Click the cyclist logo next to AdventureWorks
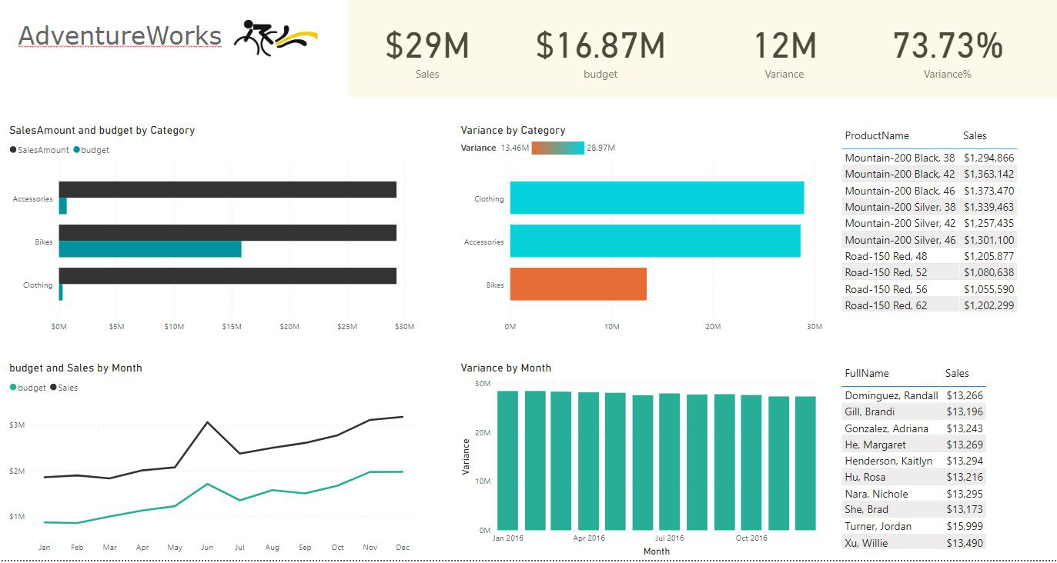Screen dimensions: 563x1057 click(x=275, y=38)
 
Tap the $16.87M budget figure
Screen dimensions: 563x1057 click(x=600, y=45)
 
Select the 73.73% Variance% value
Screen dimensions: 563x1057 click(x=948, y=45)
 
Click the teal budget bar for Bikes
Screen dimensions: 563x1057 click(x=150, y=249)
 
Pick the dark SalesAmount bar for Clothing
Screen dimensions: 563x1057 click(x=228, y=275)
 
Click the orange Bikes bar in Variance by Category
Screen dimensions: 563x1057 click(x=578, y=284)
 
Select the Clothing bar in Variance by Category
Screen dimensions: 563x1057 click(x=657, y=198)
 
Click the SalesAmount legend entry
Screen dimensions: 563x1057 click(x=39, y=150)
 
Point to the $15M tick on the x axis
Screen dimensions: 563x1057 click(x=232, y=326)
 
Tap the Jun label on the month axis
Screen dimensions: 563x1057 click(x=207, y=548)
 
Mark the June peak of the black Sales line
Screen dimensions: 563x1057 click(x=207, y=422)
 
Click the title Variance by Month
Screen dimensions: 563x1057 click(x=506, y=368)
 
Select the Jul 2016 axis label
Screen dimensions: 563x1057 click(x=670, y=538)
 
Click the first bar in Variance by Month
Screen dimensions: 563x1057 click(x=507, y=460)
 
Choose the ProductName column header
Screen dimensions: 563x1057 click(x=877, y=135)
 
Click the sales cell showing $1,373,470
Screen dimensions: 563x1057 click(x=988, y=191)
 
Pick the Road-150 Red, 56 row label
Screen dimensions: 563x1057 click(x=886, y=289)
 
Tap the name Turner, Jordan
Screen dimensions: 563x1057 click(x=878, y=526)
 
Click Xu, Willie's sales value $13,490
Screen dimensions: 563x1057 click(x=965, y=543)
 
